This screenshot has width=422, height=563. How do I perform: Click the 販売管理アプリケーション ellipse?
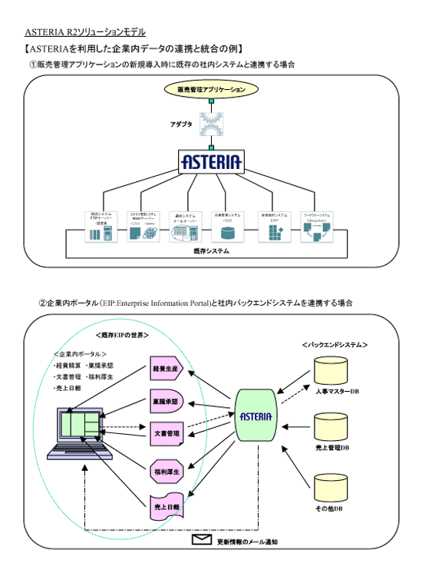click(x=210, y=89)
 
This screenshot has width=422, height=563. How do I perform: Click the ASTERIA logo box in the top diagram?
click(x=210, y=161)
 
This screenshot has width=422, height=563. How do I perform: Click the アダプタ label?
click(x=182, y=123)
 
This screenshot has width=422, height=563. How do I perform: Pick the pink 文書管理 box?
click(x=165, y=433)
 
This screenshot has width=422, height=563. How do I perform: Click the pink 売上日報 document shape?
click(x=165, y=508)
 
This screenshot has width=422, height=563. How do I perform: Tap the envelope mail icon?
click(x=201, y=540)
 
